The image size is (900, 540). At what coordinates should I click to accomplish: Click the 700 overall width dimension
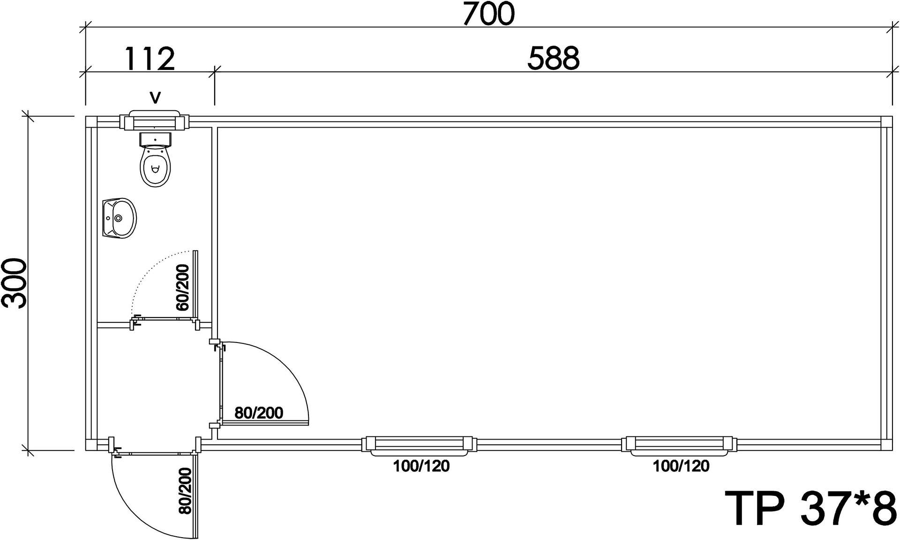point(488,14)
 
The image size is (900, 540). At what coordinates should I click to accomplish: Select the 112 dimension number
point(150,59)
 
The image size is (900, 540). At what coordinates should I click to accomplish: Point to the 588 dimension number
point(554,59)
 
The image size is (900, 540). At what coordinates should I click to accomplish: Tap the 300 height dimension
point(14,283)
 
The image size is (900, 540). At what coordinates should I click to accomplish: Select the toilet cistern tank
point(156,138)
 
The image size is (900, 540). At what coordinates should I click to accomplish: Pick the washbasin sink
point(119,218)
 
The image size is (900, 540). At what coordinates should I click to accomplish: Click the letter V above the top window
point(155,98)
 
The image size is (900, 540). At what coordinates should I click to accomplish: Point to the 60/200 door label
point(182,287)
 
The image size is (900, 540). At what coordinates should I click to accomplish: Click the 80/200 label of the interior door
point(259,413)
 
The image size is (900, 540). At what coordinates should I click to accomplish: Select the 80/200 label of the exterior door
point(185,491)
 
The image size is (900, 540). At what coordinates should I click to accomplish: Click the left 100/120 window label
point(421,466)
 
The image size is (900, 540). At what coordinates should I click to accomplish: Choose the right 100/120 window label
point(681,466)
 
